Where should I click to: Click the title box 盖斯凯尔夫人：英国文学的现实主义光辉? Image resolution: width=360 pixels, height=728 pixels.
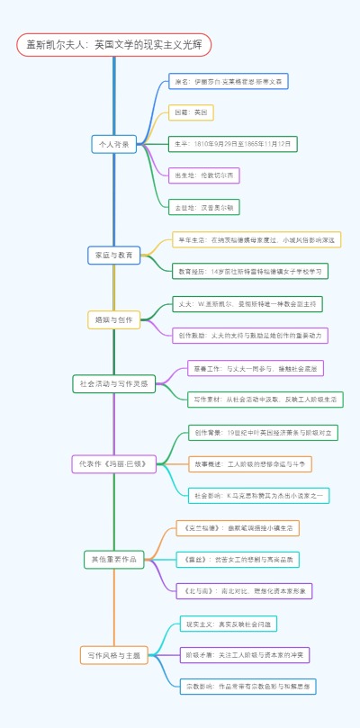click(x=113, y=44)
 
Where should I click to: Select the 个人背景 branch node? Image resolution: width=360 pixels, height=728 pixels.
click(x=113, y=144)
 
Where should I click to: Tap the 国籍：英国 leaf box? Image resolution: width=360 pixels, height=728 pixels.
click(x=191, y=112)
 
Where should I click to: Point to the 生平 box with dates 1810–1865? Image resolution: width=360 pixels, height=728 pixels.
click(x=232, y=144)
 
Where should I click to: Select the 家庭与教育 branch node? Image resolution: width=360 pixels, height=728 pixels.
click(x=114, y=255)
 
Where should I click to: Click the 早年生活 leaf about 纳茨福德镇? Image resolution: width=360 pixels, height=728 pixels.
click(x=256, y=239)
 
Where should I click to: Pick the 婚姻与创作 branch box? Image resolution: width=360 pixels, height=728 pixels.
click(x=113, y=319)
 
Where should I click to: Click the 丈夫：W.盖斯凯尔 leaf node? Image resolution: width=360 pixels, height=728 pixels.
click(x=247, y=304)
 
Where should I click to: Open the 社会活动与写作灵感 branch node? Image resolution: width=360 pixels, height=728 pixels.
click(x=113, y=383)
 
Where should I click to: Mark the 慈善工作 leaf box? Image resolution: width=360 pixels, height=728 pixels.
click(x=255, y=368)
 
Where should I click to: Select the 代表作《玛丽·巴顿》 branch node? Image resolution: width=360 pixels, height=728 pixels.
click(x=114, y=463)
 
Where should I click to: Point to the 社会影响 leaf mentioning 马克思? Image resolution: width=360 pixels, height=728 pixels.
click(x=258, y=495)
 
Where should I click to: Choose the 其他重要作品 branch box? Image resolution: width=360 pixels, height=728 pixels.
click(x=113, y=559)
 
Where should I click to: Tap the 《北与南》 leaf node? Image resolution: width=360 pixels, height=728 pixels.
click(x=242, y=590)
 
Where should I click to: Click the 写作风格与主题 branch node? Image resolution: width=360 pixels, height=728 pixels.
click(x=113, y=655)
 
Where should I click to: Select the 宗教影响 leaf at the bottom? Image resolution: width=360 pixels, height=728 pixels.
click(x=247, y=686)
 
